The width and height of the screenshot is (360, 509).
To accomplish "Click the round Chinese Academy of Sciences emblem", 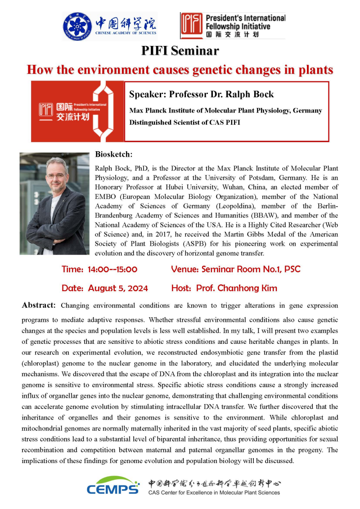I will (x=77, y=26).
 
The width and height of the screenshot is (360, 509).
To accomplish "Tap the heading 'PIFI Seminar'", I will (x=180, y=51).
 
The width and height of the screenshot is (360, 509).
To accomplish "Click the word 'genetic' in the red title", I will (x=217, y=70).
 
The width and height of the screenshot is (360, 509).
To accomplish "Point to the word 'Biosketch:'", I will (x=114, y=154).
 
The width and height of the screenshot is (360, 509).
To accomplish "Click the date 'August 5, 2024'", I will (x=118, y=288).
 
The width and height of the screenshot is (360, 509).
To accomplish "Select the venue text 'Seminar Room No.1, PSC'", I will (x=251, y=270).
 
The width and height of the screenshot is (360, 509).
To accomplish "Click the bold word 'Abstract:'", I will (x=39, y=305).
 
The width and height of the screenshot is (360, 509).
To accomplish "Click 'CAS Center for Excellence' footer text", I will (x=180, y=492).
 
